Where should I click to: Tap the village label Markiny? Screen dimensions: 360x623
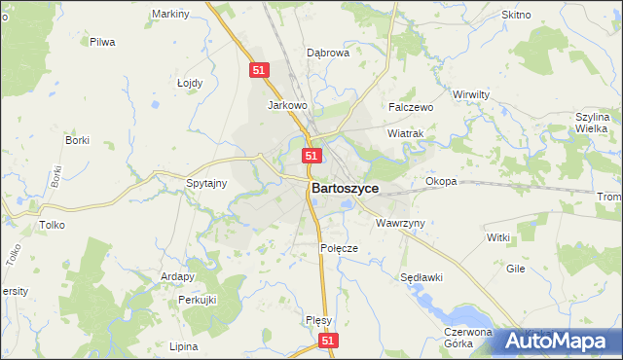point(170,15)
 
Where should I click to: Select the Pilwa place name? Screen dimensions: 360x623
point(102,42)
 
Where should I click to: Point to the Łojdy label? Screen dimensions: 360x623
point(190,83)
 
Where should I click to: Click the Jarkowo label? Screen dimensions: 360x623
point(287,105)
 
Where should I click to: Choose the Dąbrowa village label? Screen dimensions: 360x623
point(328,54)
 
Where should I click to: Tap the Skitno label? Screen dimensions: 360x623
point(515,16)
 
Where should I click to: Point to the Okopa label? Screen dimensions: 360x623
point(441,182)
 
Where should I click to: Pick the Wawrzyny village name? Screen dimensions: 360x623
point(400,223)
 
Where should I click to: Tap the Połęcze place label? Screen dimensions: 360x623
point(339,248)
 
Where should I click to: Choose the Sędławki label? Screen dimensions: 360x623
point(421,277)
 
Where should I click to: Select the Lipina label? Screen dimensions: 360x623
point(183,346)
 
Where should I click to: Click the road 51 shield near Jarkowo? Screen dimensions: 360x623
point(258,71)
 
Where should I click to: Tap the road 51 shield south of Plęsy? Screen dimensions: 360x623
point(328,341)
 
